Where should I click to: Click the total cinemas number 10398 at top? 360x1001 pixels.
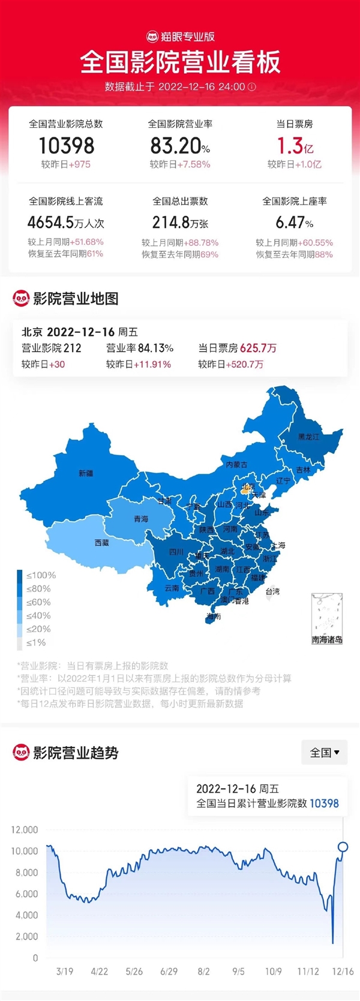tap(66, 146)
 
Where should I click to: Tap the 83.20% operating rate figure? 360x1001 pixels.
tap(179, 146)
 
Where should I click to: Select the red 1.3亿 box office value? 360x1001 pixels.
tap(295, 146)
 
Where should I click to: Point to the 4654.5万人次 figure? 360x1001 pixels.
tap(66, 223)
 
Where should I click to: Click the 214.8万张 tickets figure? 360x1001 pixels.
tap(180, 223)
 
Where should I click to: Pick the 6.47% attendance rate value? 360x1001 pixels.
tap(294, 223)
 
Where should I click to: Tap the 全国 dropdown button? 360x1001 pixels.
tap(324, 752)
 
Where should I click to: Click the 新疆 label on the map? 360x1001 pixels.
tap(86, 473)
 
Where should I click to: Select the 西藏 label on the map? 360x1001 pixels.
tap(101, 542)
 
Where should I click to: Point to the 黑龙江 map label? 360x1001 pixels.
tap(308, 437)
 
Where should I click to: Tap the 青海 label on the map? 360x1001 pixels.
tap(140, 519)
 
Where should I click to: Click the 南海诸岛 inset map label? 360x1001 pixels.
tap(327, 640)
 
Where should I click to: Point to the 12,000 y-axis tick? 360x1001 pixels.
tap(25, 829)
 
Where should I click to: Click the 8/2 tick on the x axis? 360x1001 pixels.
tap(203, 972)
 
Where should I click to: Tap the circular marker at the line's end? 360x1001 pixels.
tap(343, 847)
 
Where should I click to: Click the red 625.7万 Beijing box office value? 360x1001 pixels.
tap(258, 348)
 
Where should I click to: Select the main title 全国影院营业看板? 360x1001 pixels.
tap(180, 62)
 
